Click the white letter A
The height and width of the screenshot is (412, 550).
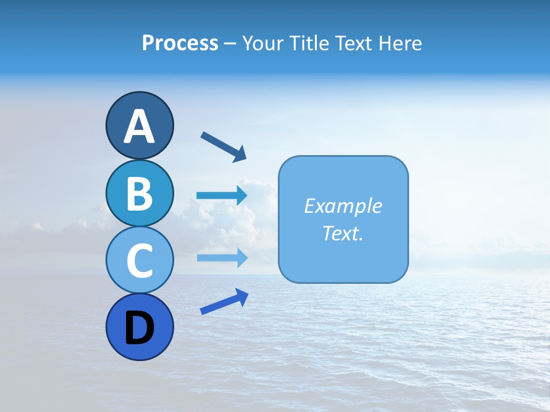click(139, 126)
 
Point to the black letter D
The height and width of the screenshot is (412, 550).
click(139, 328)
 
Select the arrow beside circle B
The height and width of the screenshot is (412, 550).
click(222, 196)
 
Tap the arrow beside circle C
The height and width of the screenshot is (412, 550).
click(222, 257)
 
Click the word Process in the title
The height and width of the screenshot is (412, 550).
click(180, 43)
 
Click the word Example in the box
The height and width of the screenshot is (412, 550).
click(343, 206)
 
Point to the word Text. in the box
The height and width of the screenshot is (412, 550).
click(343, 233)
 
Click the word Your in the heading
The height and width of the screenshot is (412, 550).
click(262, 43)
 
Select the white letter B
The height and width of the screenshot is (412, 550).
click(139, 194)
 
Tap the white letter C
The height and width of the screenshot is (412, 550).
click(139, 261)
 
